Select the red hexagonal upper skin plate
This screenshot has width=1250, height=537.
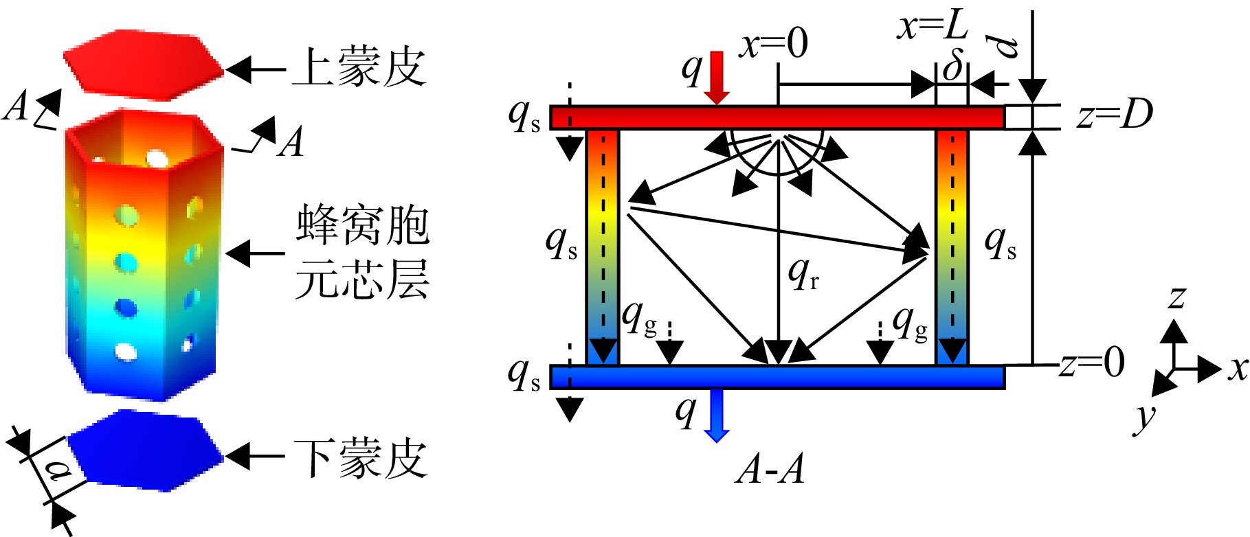click(x=144, y=61)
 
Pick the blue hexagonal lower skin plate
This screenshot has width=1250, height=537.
click(x=146, y=450)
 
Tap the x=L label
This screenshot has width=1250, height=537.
click(x=933, y=26)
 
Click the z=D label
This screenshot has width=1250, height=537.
click(x=1114, y=114)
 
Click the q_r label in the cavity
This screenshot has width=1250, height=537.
click(x=803, y=273)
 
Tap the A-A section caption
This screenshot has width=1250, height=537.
click(x=770, y=470)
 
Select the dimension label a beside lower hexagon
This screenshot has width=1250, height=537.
click(x=58, y=471)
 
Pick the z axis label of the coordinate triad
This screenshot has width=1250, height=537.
click(x=1177, y=297)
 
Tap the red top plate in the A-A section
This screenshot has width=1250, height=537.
click(x=777, y=117)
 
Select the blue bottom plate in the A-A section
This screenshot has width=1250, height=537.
click(x=777, y=377)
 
